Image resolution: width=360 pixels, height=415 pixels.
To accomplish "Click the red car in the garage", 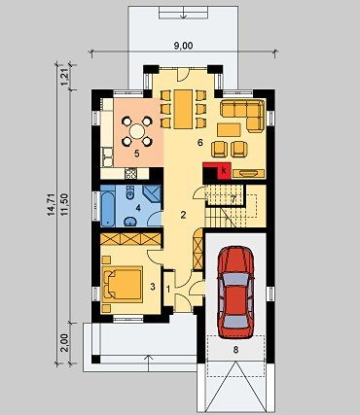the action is [235, 293].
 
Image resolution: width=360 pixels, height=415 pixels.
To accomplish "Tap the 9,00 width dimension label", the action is [183, 46].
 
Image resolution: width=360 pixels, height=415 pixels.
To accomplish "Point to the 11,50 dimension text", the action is [65, 205].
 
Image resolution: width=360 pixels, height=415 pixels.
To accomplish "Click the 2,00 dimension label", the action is [65, 343].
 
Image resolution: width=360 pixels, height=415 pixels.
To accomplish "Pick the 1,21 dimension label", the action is [65, 77].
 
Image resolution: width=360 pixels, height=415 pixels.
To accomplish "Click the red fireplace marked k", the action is [223, 170].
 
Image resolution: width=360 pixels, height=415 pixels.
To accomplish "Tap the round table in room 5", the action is [137, 131].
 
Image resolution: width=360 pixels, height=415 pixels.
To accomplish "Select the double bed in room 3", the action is [123, 284].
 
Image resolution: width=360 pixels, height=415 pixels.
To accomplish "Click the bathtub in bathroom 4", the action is [107, 206].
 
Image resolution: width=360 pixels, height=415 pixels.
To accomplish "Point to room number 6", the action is [200, 142].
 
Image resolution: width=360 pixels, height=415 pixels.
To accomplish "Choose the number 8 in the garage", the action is [235, 350].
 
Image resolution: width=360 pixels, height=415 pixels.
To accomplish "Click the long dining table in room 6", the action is [183, 109].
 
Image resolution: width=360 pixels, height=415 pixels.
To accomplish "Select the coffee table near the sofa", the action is [229, 130].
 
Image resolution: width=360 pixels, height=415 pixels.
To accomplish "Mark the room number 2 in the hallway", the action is [183, 215].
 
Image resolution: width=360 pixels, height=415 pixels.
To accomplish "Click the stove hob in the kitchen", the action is [130, 174].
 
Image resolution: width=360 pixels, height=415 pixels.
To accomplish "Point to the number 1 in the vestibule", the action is [168, 288].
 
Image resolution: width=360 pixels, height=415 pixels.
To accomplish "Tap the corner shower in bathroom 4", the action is [152, 194].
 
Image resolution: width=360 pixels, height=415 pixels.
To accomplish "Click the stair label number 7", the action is [233, 198].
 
